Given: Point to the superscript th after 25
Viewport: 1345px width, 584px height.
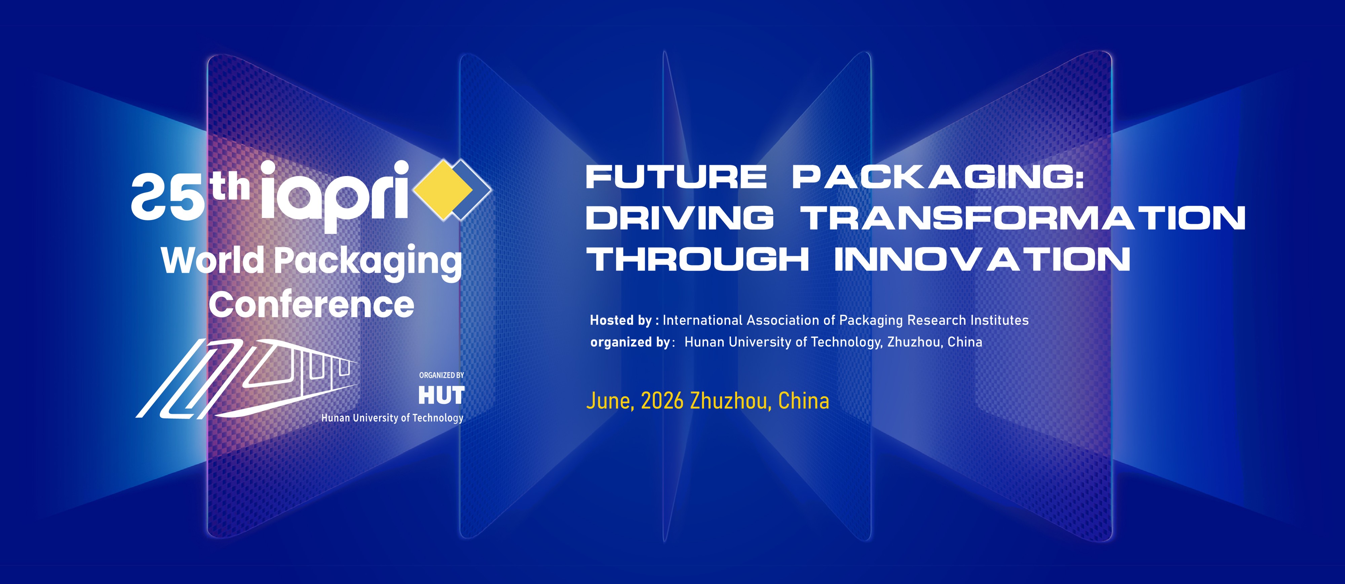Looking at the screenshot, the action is (x=230, y=185).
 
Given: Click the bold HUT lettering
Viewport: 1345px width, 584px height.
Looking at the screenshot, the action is (x=441, y=395).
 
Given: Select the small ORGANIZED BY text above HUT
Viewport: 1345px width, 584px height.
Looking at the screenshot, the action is (x=441, y=375).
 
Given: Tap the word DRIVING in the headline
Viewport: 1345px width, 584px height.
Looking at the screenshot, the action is (x=680, y=218).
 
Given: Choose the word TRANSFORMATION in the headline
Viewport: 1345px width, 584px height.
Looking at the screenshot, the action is (x=1024, y=218).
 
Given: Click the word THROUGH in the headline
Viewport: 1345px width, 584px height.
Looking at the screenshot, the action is (x=698, y=259).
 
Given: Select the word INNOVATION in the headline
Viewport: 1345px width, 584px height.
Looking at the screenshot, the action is (x=983, y=259).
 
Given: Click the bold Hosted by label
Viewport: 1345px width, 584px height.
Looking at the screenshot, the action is (x=621, y=321).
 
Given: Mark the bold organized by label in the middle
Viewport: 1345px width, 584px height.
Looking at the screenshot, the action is (x=630, y=342).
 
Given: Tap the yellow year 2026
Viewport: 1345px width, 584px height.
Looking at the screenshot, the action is (x=662, y=401).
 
